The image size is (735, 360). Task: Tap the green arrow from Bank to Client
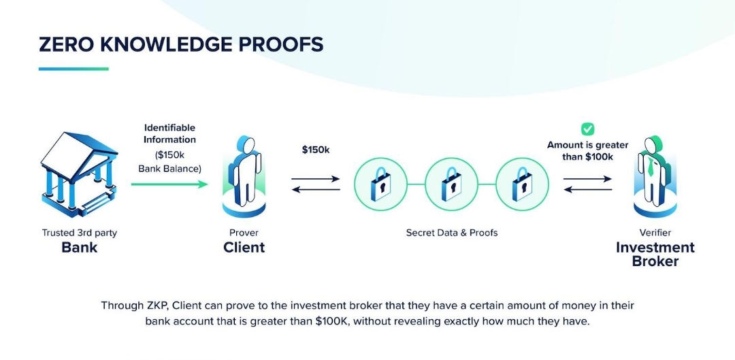coord(169,184)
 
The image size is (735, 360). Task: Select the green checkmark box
coord(587,129)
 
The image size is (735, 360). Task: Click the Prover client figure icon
coord(244,174)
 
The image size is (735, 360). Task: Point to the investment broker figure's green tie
coord(650,167)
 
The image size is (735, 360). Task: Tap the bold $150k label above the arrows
coord(315,149)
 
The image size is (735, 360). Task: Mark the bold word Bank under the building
coord(80,247)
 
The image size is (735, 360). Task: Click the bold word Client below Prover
coord(244,247)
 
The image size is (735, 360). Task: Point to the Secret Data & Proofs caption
coord(451,233)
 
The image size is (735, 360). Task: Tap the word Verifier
coord(655,233)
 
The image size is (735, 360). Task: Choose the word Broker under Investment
coord(655,261)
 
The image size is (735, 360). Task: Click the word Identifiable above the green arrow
coord(169,127)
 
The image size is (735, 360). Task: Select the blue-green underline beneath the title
coord(73,69)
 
